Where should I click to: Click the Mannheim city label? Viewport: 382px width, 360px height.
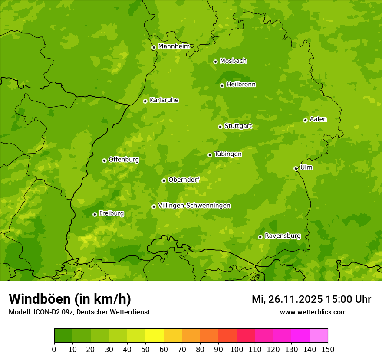pyautogui.click(x=174, y=46)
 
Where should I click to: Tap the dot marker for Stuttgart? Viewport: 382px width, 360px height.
pyautogui.click(x=220, y=127)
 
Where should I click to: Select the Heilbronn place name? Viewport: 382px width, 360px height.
pyautogui.click(x=241, y=85)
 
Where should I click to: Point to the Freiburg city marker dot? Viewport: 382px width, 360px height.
pyautogui.click(x=95, y=214)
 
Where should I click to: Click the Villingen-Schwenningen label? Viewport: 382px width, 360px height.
pyautogui.click(x=194, y=206)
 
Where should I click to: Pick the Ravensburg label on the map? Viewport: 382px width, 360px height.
pyautogui.click(x=282, y=236)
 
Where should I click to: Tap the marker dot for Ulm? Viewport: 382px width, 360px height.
pyautogui.click(x=296, y=168)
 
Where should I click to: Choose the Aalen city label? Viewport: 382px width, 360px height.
pyautogui.click(x=318, y=119)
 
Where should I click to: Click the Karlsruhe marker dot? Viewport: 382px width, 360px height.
pyautogui.click(x=145, y=101)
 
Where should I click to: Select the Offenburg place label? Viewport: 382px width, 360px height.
pyautogui.click(x=124, y=160)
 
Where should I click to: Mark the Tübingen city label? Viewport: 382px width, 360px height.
pyautogui.click(x=228, y=154)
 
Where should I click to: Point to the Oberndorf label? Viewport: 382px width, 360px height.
pyautogui.click(x=184, y=180)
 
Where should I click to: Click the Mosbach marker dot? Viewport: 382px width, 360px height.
pyautogui.click(x=215, y=62)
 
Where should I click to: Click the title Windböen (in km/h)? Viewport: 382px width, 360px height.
pyautogui.click(x=69, y=299)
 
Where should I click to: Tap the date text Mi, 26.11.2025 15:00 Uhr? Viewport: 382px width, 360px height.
pyautogui.click(x=311, y=299)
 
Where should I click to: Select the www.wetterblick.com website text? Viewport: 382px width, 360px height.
pyautogui.click(x=313, y=312)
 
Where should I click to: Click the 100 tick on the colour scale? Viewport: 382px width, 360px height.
pyautogui.click(x=237, y=349)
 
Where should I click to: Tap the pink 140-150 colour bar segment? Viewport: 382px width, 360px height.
pyautogui.click(x=319, y=336)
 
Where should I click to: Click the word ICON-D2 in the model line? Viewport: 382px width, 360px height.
pyautogui.click(x=45, y=312)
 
